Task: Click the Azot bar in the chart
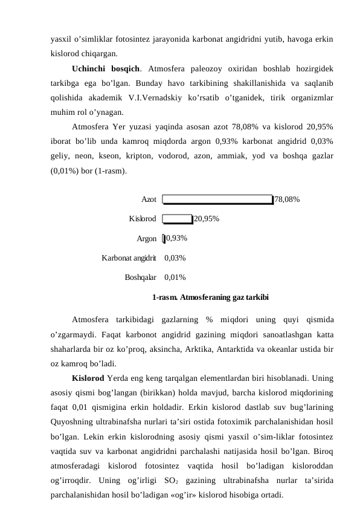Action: (217, 199)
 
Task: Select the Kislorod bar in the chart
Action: (178, 219)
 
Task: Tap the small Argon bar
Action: (164, 238)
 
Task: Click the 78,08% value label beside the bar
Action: (288, 199)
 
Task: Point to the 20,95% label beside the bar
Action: (207, 219)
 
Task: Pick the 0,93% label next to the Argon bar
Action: (176, 238)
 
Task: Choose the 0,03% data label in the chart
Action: (175, 258)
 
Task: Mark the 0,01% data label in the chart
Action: (175, 277)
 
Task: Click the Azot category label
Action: (149, 199)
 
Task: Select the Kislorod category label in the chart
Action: (143, 219)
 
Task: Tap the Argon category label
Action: (147, 238)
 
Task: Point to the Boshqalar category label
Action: (141, 277)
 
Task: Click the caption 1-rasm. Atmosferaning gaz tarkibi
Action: (210, 297)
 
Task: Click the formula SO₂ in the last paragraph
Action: (171, 481)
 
